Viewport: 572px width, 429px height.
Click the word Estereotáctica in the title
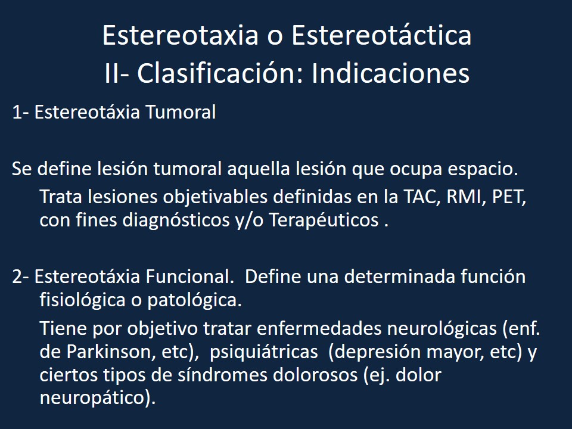point(381,36)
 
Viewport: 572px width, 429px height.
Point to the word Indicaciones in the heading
point(391,74)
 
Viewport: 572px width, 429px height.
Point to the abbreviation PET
point(509,197)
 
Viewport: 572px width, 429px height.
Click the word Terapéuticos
point(324,220)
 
